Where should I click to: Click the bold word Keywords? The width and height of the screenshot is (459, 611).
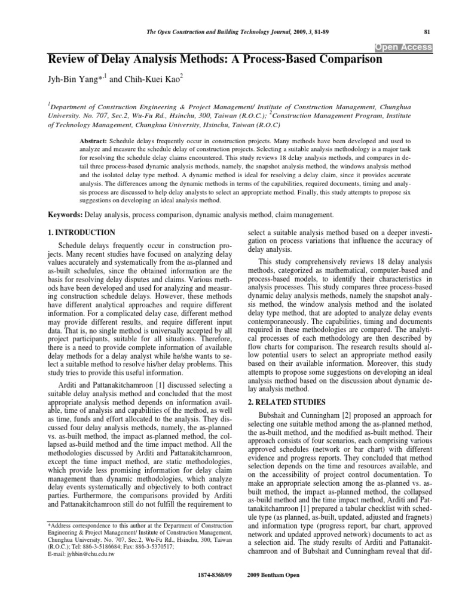pyautogui.click(x=65, y=214)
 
